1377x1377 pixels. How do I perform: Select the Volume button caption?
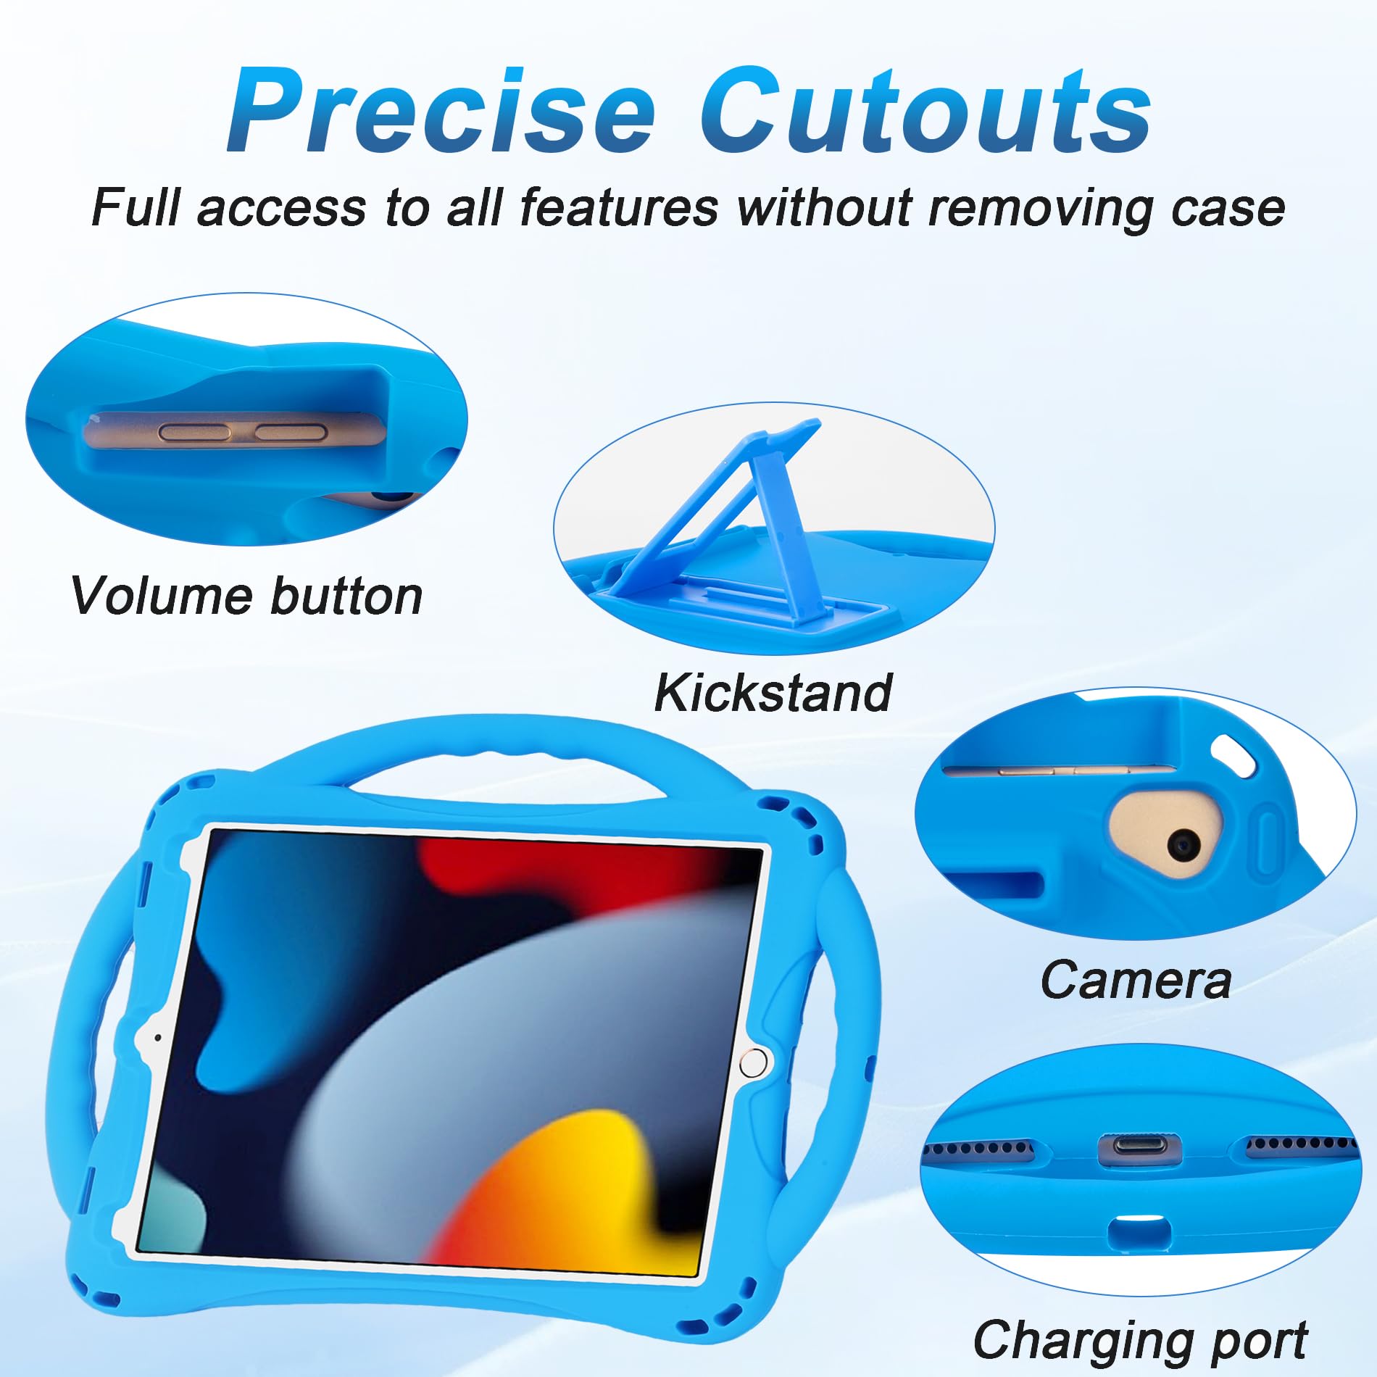246,596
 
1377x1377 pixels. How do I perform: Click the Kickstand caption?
773,693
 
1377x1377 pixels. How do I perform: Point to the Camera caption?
1136,980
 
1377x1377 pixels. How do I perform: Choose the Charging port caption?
1140,1340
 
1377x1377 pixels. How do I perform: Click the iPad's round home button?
753,1063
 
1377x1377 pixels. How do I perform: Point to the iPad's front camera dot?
158,1038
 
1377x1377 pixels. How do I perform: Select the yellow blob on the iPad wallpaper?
573,1189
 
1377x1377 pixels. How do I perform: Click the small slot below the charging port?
1139,1231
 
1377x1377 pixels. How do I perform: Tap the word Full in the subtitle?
136,208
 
